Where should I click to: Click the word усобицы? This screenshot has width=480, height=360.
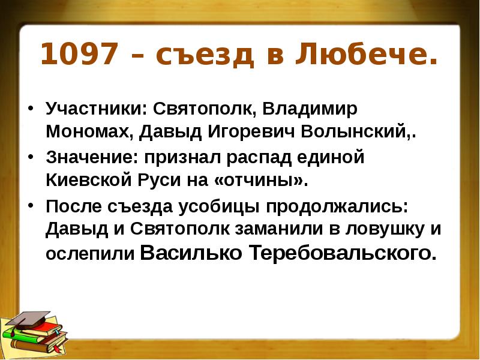(218, 206)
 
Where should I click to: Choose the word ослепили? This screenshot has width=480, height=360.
(89, 254)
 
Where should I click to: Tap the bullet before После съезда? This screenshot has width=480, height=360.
(30, 206)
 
